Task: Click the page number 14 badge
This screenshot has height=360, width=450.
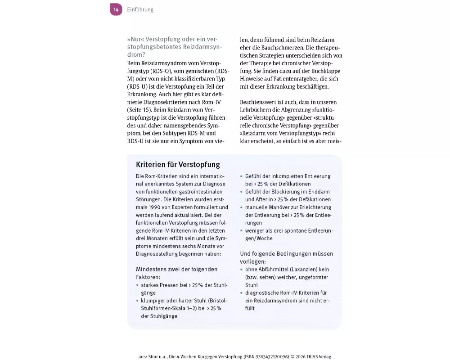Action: coord(116,9)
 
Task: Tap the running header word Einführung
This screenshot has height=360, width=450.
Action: coord(140,9)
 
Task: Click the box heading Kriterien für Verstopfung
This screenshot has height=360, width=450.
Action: coord(178,164)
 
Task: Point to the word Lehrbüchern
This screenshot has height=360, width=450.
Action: coord(257,110)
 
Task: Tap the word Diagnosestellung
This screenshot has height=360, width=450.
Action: coord(160,253)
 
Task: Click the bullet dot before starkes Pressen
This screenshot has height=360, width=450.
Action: coord(137,285)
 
